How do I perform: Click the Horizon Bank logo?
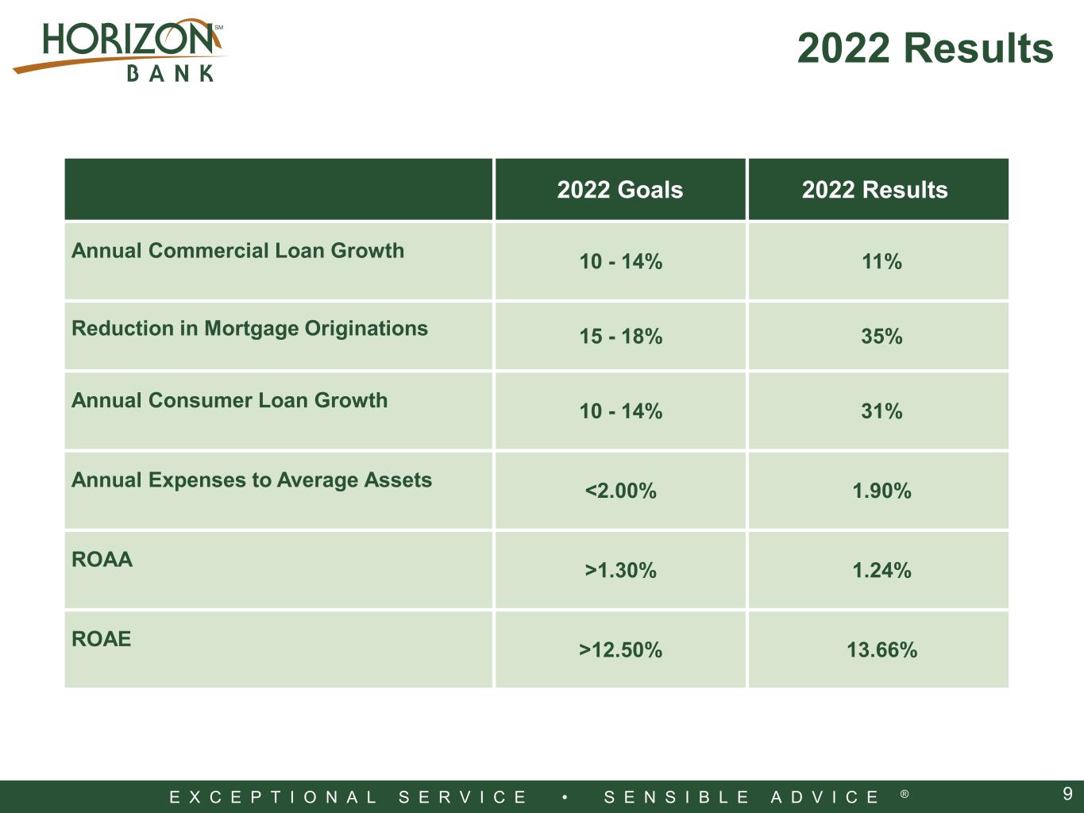pos(119,50)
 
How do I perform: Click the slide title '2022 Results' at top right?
pos(925,48)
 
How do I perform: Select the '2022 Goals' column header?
pos(619,190)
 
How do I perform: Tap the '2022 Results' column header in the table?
pos(874,190)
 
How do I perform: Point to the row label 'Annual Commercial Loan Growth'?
pos(237,250)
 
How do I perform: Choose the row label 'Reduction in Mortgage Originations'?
pos(249,329)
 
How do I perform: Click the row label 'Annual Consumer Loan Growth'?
pos(230,400)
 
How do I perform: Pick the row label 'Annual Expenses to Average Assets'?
pos(252,480)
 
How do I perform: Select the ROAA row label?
pos(102,559)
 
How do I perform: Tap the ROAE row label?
pos(101,639)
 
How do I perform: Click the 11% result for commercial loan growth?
pos(881,261)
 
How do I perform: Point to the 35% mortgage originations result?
pos(881,336)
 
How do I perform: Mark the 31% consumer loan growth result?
pos(881,410)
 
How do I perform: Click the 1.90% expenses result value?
pos(881,491)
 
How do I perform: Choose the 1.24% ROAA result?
pos(881,570)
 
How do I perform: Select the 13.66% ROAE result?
pos(881,649)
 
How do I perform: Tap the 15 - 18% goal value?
pos(620,336)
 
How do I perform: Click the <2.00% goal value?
pos(620,491)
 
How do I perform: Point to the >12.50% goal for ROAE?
pos(620,649)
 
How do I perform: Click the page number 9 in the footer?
pos(1067,794)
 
